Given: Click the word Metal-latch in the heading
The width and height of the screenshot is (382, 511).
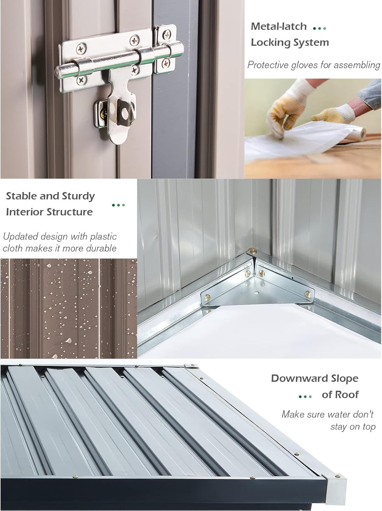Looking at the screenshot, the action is [279, 26].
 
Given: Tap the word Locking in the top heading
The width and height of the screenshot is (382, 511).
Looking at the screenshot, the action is [270, 42].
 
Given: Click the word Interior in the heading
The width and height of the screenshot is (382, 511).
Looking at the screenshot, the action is [25, 212].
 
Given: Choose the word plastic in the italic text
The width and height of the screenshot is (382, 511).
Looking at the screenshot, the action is [103, 237].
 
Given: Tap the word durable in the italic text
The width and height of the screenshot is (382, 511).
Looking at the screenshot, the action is [101, 248].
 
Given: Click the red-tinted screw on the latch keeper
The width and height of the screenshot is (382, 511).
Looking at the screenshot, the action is [166, 63].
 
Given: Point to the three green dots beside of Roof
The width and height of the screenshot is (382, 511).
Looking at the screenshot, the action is [305, 397].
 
